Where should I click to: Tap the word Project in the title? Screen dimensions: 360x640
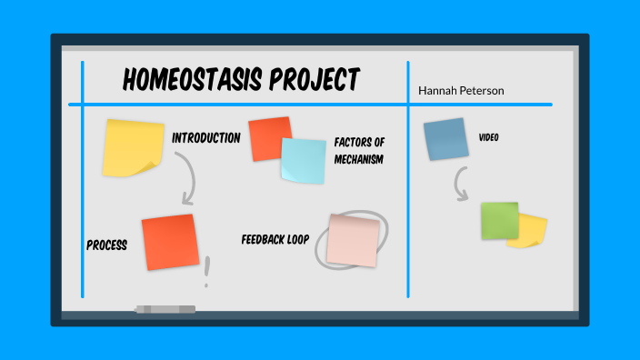point(315,80)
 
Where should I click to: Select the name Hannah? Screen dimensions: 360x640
point(436,91)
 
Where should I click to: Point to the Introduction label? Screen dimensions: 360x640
point(206,138)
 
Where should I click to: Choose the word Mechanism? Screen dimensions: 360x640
point(358,159)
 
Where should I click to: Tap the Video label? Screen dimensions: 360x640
point(488,137)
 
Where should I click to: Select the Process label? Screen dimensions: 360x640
point(106,245)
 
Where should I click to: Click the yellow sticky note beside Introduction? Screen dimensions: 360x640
point(133,147)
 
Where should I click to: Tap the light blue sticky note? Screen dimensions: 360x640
point(302,160)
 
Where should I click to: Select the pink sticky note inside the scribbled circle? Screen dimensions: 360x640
point(353,240)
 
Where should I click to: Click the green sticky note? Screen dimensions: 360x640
point(499,221)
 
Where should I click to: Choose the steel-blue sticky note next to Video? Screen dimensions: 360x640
point(445,139)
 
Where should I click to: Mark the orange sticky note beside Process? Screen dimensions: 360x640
point(170,241)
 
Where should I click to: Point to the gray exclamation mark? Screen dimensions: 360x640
point(207,271)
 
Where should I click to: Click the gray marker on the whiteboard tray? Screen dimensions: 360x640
point(165,310)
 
